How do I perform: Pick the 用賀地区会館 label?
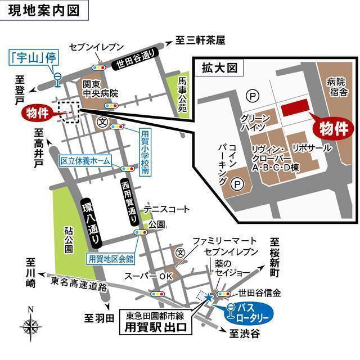[111, 259]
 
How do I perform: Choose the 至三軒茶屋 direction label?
[200, 40]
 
